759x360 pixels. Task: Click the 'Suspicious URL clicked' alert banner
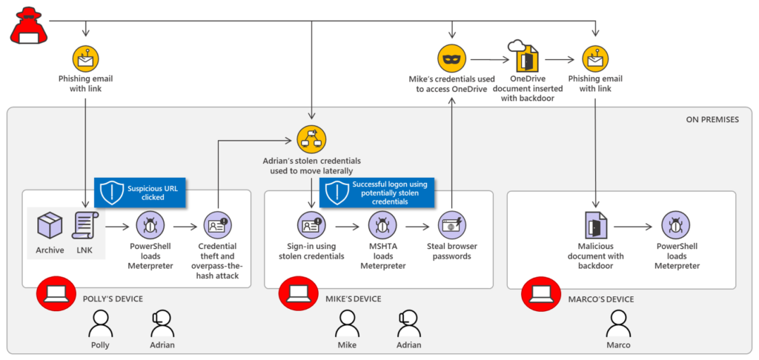coord(140,193)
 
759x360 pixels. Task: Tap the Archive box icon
coord(50,225)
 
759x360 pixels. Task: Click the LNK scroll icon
coord(85,225)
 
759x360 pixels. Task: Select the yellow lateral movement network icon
coord(311,139)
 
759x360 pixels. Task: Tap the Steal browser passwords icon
coord(451,225)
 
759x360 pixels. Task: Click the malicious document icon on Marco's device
coord(596,225)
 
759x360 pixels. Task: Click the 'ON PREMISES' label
coord(711,119)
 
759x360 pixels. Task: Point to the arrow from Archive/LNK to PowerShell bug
coord(117,225)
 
